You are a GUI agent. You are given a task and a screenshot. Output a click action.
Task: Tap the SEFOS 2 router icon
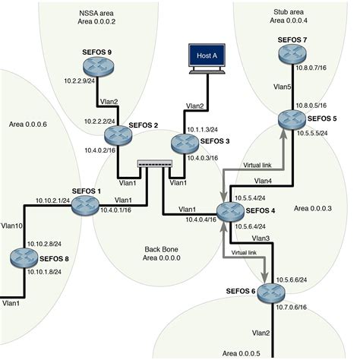click(120, 137)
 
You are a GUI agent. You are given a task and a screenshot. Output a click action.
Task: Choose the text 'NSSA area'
click(97, 13)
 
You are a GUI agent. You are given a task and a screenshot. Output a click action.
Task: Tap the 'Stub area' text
click(290, 12)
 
